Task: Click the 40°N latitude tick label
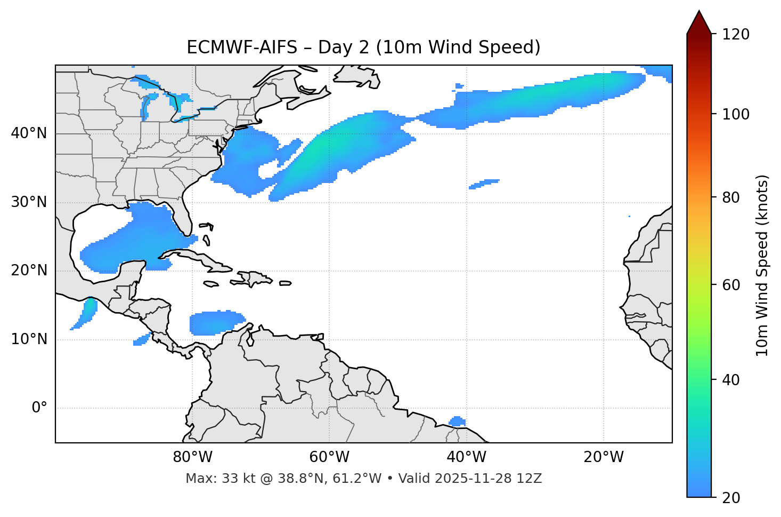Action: click(x=29, y=133)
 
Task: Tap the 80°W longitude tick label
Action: click(x=192, y=457)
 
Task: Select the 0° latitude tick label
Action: click(x=39, y=408)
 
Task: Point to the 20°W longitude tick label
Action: click(x=604, y=457)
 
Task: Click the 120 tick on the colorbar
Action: click(x=736, y=35)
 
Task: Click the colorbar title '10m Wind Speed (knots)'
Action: click(x=762, y=265)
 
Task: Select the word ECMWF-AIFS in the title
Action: click(x=242, y=47)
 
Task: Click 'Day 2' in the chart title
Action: click(x=344, y=47)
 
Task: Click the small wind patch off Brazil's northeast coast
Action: click(x=457, y=421)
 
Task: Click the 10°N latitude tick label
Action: click(x=29, y=339)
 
